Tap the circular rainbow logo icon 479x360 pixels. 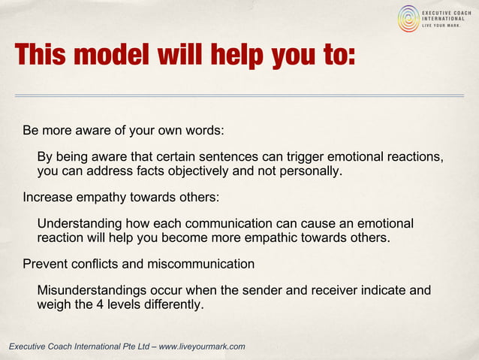click(x=408, y=18)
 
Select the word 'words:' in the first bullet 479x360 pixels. click(x=204, y=130)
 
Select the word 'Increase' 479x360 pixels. click(x=47, y=198)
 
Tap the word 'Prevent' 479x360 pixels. click(x=44, y=265)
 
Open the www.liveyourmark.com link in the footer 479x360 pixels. click(x=202, y=346)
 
